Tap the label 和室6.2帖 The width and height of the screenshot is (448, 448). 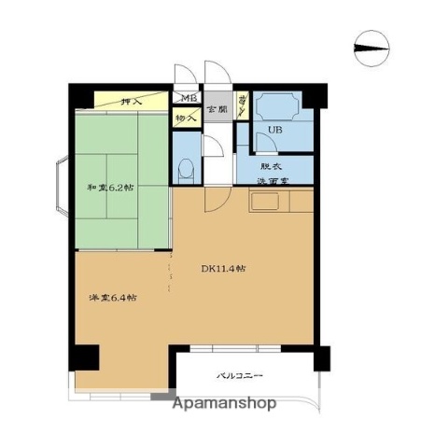tap(109, 188)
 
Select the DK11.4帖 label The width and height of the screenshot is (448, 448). tap(224, 269)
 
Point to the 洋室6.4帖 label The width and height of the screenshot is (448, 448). tap(107, 298)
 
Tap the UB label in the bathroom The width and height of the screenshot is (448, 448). tap(274, 131)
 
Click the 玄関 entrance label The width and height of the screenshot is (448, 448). tap(217, 109)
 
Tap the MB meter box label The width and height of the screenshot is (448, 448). tap(188, 99)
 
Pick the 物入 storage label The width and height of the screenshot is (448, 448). tap(185, 118)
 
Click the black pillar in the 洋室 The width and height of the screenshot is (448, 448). tap(87, 357)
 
